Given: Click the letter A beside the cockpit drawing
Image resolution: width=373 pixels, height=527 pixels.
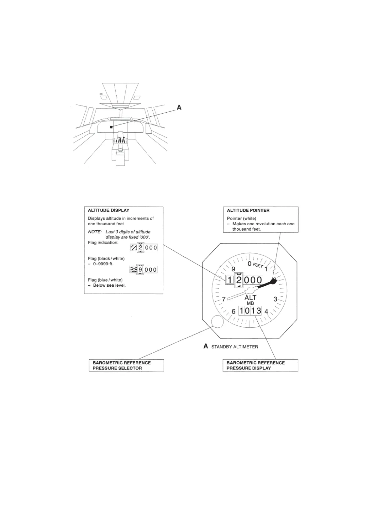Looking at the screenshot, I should tap(179, 107).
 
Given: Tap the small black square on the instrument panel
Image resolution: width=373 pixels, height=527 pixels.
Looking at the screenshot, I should tap(111, 127).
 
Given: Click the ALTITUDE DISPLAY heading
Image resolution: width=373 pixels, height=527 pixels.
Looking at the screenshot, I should tap(108, 210).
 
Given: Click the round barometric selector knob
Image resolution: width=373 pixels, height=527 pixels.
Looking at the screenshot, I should tap(217, 321).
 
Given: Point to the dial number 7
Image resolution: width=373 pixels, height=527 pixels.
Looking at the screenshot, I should tap(223, 299).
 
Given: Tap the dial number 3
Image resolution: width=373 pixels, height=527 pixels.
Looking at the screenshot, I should tap(275, 299).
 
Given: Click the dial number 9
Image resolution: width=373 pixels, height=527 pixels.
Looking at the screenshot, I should tap(233, 269).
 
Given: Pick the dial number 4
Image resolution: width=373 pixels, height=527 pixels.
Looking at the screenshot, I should tap(266, 312).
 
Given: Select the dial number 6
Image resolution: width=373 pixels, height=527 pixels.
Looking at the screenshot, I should tap(233, 312).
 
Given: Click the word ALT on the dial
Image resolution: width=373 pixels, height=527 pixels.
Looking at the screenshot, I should tap(250, 298).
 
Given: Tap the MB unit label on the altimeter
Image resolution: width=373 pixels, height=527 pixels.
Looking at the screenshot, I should tap(250, 303).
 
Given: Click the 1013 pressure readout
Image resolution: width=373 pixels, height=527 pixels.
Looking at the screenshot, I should tap(250, 311).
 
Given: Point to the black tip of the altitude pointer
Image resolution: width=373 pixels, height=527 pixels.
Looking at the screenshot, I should tap(273, 281).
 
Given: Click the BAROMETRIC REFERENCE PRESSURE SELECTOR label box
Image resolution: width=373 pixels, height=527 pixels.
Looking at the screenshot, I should tap(126, 366).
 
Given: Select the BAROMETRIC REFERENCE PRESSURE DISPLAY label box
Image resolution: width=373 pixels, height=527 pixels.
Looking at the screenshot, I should tap(260, 366).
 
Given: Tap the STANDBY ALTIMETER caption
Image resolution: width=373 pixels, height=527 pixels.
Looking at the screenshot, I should tap(234, 347).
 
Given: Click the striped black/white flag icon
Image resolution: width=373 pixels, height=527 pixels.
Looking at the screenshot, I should tap(134, 248).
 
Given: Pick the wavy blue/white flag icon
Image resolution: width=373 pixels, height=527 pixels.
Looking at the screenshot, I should tap(133, 270).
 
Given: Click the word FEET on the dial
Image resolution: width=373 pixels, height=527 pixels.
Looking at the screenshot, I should tap(258, 265).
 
